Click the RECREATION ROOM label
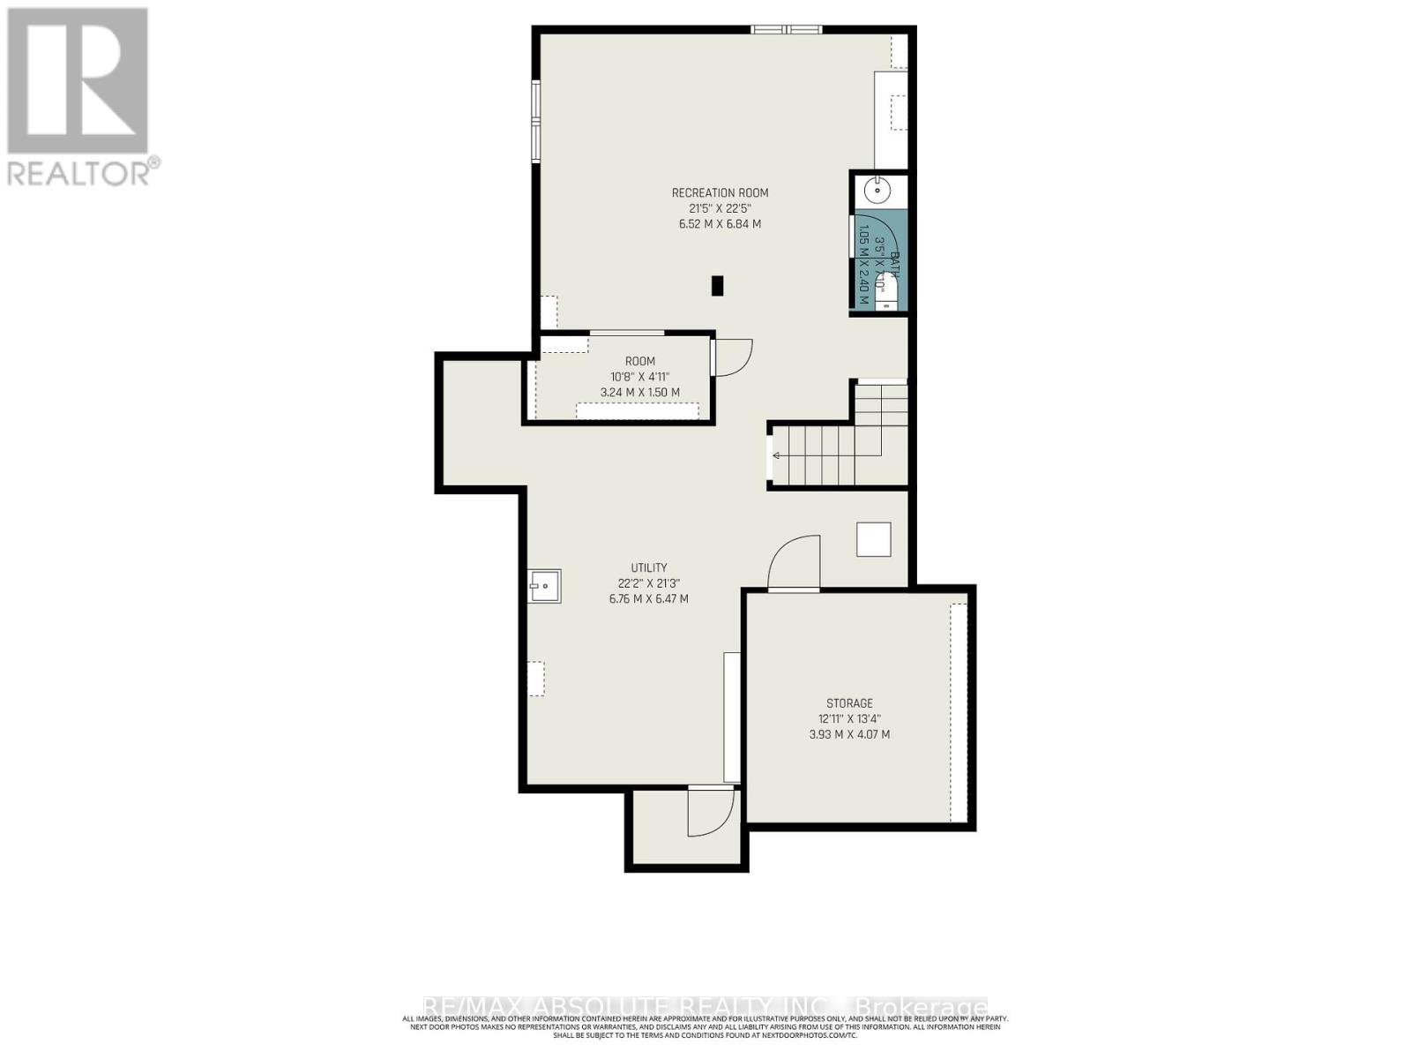[x=720, y=193]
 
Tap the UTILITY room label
[x=648, y=567]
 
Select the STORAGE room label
[x=849, y=703]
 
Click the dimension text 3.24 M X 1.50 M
[x=640, y=393]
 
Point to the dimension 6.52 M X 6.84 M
[x=720, y=224]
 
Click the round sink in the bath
[x=878, y=189]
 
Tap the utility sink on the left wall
[x=544, y=586]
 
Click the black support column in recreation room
[x=717, y=285]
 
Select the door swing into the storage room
[x=794, y=565]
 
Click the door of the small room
[x=732, y=357]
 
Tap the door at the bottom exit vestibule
[x=711, y=812]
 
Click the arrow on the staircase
[x=777, y=455]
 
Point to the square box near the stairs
[x=873, y=539]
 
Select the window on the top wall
[x=786, y=30]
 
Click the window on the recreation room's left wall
[x=535, y=121]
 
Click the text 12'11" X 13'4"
[x=849, y=718]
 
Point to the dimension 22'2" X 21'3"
[x=648, y=583]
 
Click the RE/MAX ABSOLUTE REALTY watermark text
[x=705, y=1007]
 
